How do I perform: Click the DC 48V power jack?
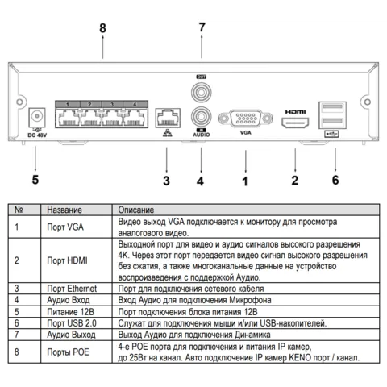coord(37,117)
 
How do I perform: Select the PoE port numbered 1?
coord(68,118)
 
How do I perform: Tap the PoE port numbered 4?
coord(135,118)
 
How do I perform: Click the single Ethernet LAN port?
coord(168,118)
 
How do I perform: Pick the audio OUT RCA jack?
coord(201,93)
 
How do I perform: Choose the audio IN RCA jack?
coord(201,117)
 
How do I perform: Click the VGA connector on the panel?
coord(246,119)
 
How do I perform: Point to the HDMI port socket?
coord(295,123)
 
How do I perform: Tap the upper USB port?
coord(332,109)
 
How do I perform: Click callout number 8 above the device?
coord(102,28)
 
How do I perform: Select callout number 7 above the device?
coord(202,27)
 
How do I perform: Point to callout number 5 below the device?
coord(35,180)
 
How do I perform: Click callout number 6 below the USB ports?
coord(335,180)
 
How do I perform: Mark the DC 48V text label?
coord(37,135)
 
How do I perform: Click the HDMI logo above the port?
coord(295,111)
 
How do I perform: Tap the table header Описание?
coord(136,210)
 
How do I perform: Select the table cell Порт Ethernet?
coord(72,289)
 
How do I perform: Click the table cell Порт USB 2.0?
coord(72,323)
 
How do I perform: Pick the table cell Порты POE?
coord(68,352)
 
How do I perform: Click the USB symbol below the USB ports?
coord(331,134)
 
